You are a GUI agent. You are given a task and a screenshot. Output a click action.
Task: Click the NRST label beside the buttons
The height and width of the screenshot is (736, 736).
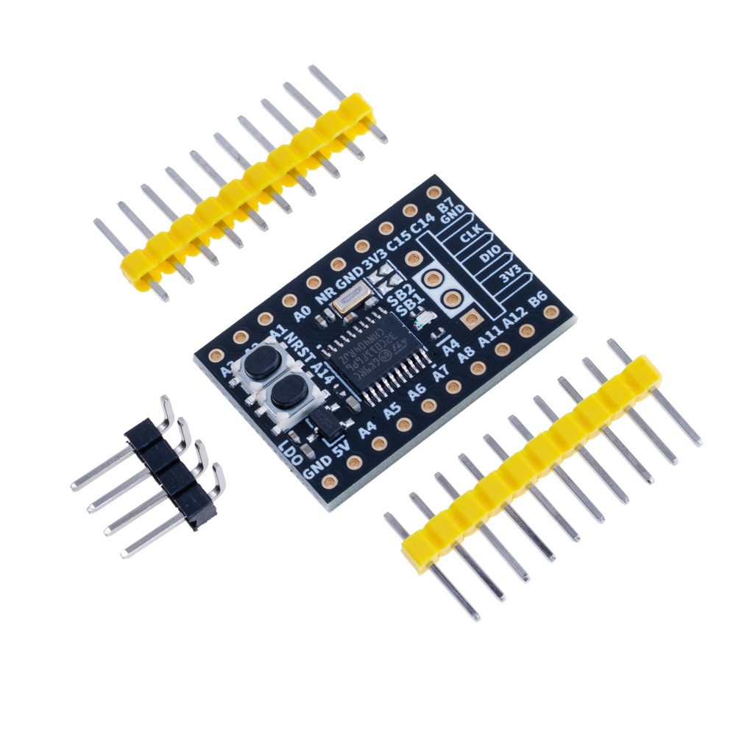pos(295,345)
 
